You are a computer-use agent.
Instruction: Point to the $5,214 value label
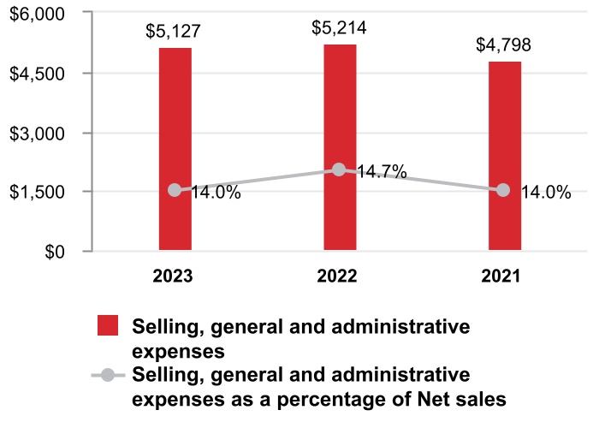point(339,28)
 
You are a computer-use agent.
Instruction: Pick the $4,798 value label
point(504,45)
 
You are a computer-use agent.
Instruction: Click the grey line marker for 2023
point(175,190)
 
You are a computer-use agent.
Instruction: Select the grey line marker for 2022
point(339,169)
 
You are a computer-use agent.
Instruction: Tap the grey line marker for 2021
point(504,190)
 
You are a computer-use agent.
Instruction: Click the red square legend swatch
point(107,326)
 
